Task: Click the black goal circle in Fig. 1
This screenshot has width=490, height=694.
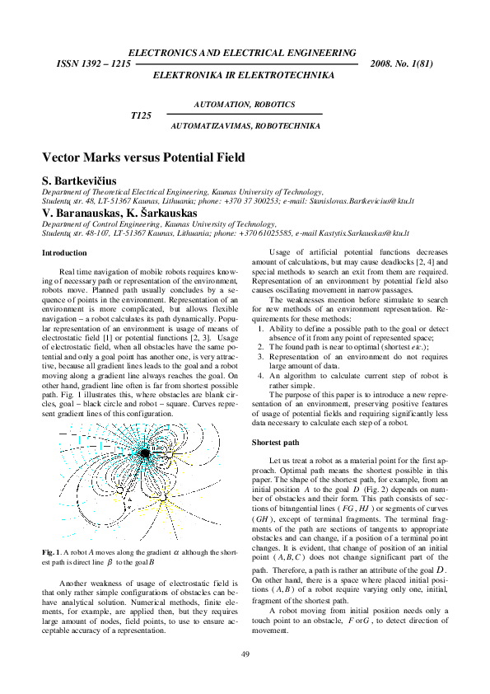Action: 144,453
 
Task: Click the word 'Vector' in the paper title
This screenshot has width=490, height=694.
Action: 62,157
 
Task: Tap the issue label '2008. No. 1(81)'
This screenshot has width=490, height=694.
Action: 403,63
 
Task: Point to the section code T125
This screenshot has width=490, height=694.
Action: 142,115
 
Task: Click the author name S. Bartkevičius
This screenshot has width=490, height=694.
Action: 80,180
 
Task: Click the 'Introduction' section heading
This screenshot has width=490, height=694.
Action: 63,252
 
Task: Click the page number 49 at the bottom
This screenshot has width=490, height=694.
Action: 245,654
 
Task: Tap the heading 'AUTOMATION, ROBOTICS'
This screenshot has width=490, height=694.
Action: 244,105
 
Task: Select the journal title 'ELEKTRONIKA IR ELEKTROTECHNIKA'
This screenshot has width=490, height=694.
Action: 244,74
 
